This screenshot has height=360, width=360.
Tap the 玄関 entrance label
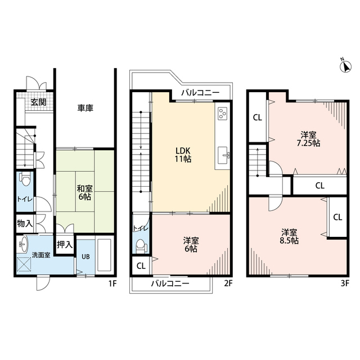click(x=39, y=102)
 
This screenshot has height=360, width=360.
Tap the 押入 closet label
click(x=66, y=245)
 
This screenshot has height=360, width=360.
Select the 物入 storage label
click(x=25, y=223)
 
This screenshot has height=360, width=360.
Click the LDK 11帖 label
click(x=183, y=155)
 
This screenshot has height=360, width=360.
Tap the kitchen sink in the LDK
click(x=224, y=154)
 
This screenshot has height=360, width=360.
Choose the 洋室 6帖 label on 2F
click(x=191, y=245)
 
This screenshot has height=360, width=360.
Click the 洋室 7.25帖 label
click(x=308, y=139)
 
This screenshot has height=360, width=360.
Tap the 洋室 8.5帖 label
click(x=290, y=236)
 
